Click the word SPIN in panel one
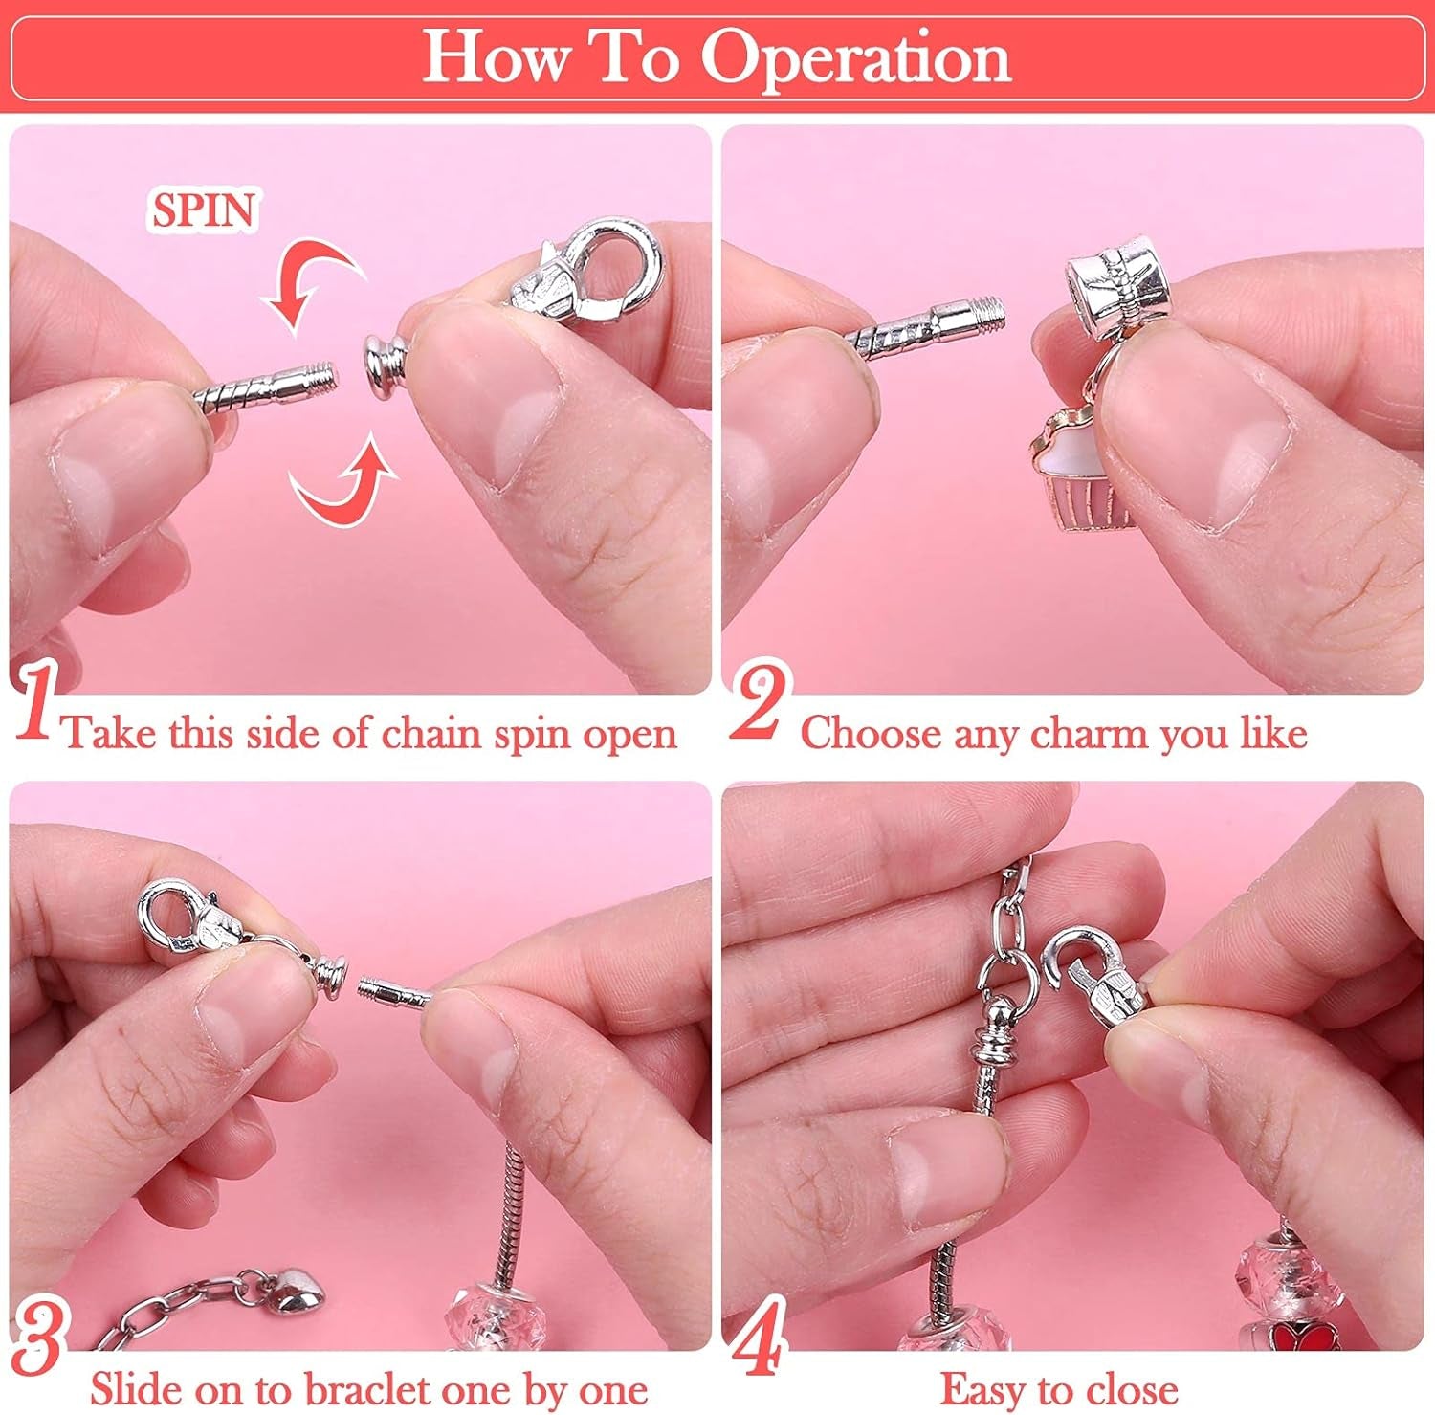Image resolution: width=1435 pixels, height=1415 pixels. click(x=204, y=210)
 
